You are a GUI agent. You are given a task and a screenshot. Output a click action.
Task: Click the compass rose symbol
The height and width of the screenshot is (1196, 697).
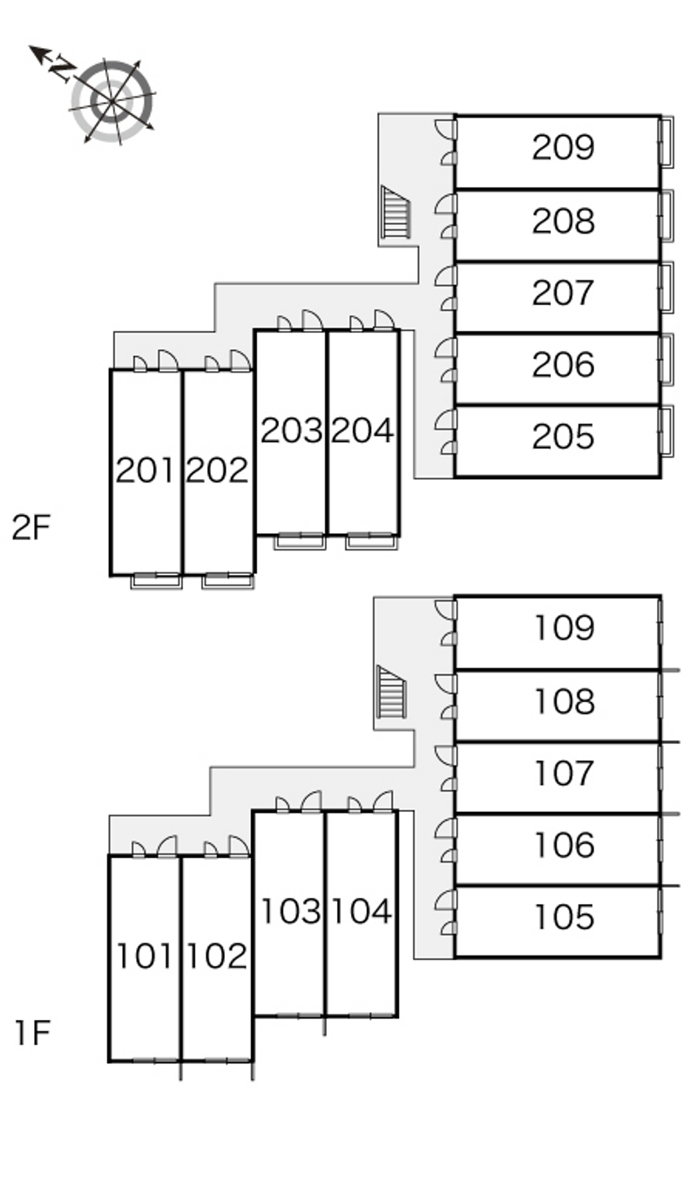click(112, 101)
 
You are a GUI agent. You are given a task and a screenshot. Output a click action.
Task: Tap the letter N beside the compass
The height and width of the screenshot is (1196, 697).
click(61, 67)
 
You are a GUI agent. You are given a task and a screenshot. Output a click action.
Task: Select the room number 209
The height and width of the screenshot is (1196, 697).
click(563, 148)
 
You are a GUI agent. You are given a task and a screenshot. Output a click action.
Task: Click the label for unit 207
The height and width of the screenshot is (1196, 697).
click(563, 293)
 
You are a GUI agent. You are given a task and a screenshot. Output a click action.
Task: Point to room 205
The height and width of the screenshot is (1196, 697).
click(563, 436)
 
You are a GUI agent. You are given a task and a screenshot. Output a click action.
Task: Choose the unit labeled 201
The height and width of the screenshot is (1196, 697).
click(146, 471)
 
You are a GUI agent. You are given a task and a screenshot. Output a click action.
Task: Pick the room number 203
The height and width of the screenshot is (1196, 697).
click(291, 430)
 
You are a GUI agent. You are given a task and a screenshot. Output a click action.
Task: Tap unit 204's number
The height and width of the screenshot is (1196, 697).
click(362, 430)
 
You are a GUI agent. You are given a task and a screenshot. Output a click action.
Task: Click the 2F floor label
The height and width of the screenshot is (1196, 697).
click(33, 528)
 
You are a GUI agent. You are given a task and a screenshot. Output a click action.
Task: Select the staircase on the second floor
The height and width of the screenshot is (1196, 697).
click(396, 213)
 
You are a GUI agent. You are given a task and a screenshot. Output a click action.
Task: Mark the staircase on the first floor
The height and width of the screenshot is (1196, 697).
click(391, 692)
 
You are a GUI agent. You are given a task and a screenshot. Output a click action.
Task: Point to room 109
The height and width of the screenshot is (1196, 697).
click(563, 628)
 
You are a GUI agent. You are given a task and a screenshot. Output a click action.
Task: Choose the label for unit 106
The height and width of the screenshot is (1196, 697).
click(563, 845)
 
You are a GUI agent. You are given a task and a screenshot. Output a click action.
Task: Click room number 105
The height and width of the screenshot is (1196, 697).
click(563, 917)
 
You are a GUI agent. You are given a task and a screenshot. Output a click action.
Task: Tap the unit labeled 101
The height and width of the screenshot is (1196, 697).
click(145, 956)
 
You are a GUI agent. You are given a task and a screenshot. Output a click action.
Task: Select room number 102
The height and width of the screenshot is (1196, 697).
click(217, 956)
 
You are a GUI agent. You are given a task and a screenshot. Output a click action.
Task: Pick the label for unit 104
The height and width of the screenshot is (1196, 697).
click(362, 911)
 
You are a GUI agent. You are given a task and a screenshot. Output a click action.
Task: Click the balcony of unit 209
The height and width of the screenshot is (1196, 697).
click(667, 141)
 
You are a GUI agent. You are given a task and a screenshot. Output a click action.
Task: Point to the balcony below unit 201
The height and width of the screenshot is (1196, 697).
click(157, 581)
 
